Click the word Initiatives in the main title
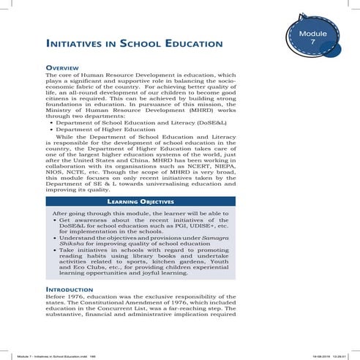(x=80, y=45)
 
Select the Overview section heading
(x=64, y=67)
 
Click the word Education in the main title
(x=193, y=45)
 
